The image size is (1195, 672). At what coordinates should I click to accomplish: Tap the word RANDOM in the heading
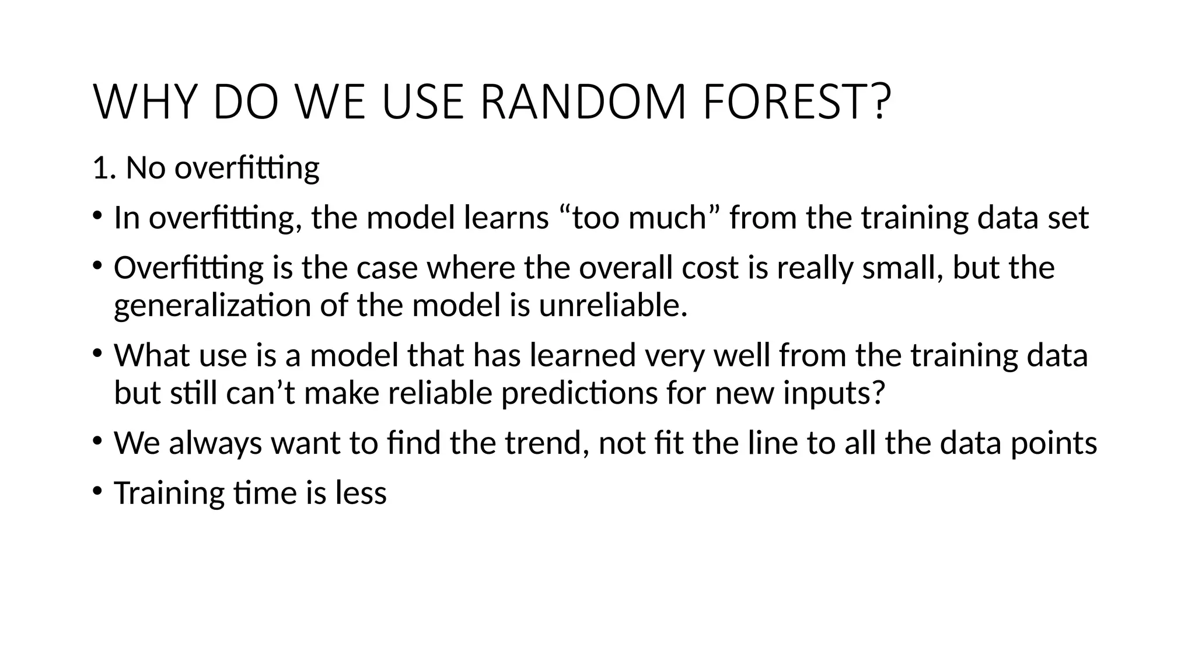pyautogui.click(x=583, y=103)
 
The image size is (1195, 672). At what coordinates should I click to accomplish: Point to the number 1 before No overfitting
pyautogui.click(x=100, y=168)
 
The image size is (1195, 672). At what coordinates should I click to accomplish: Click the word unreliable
pyautogui.click(x=613, y=305)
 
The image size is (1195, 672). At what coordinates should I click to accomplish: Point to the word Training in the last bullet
pyautogui.click(x=169, y=493)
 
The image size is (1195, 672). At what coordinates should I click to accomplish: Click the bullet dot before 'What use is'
pyautogui.click(x=97, y=353)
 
